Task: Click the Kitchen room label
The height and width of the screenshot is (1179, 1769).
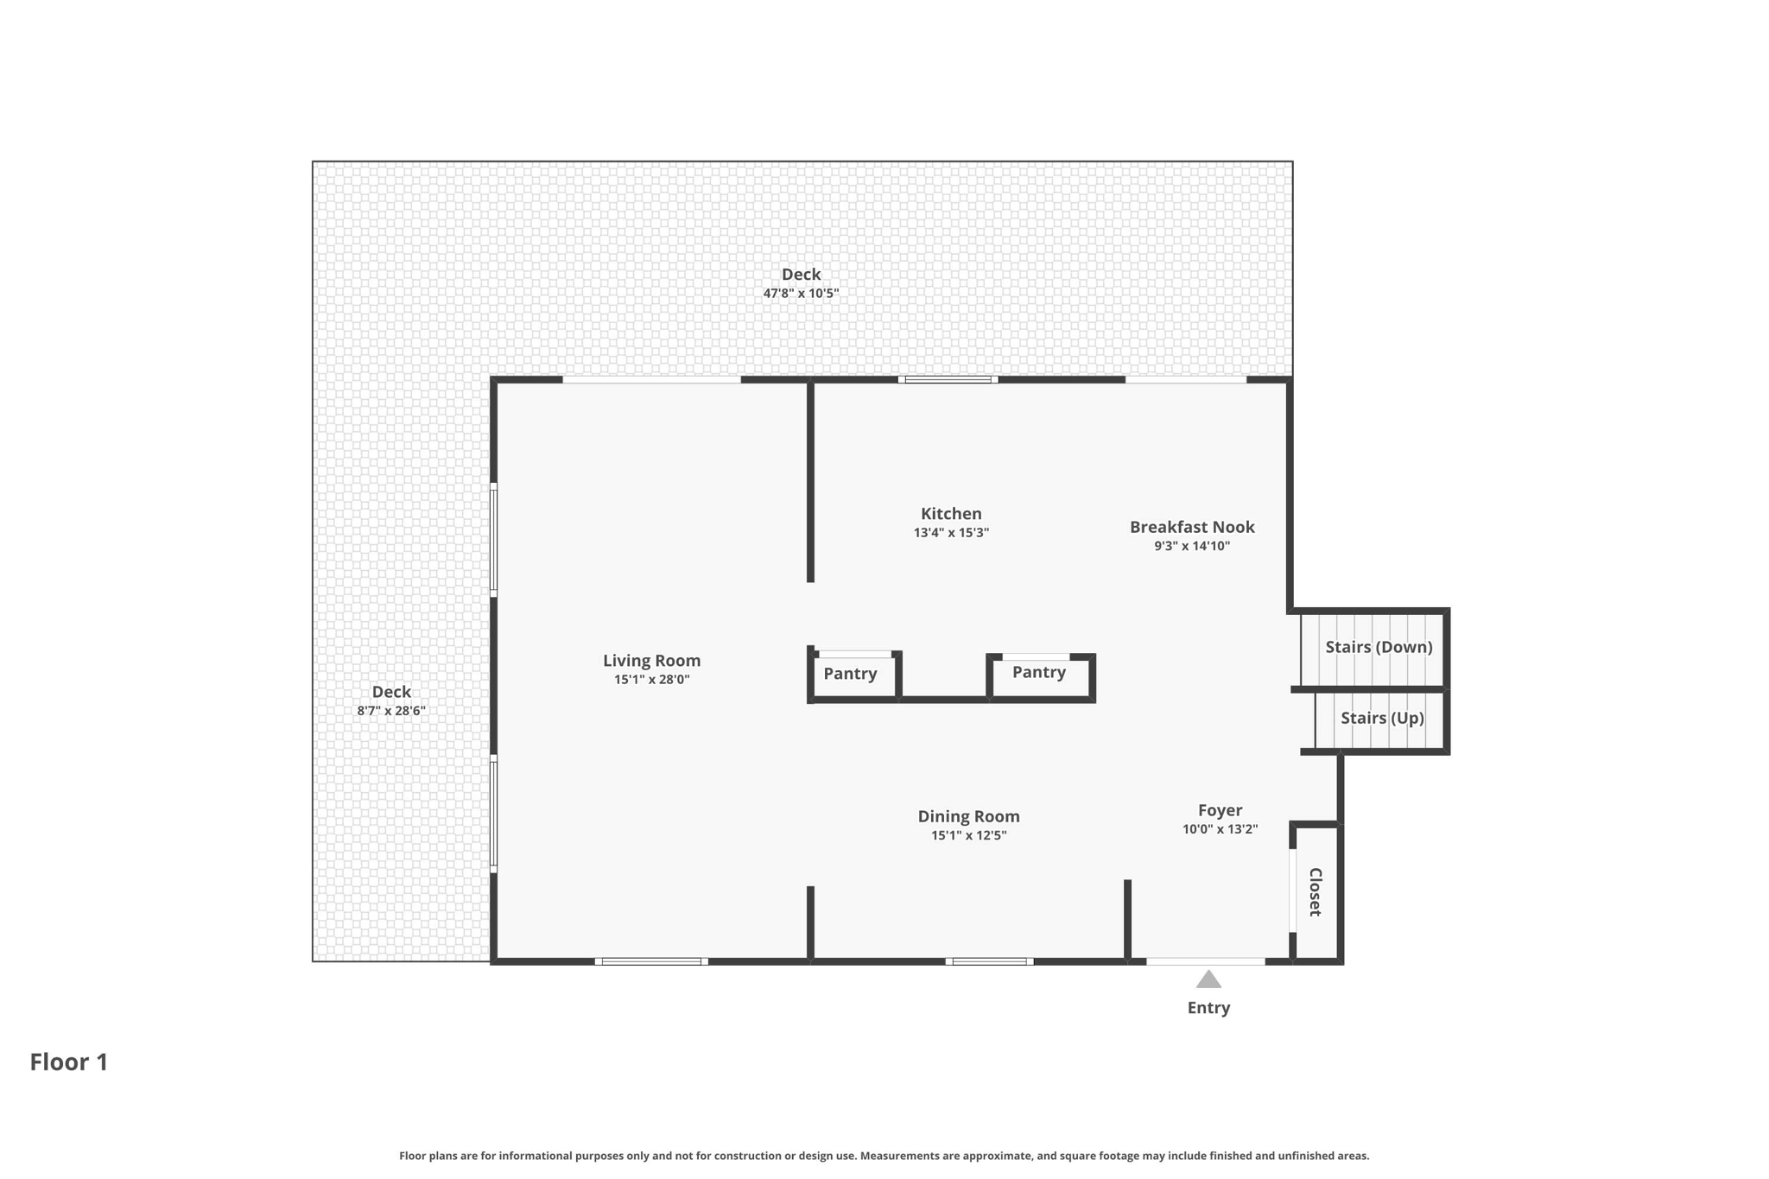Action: tap(950, 514)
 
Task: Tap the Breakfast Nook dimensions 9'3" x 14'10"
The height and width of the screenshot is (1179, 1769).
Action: tap(1191, 546)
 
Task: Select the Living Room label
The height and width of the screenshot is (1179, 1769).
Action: tap(651, 661)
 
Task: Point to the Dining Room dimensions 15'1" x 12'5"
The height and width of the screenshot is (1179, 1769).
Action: tap(968, 835)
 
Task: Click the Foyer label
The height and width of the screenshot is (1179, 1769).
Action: tap(1220, 810)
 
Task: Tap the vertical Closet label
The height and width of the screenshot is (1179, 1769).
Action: tap(1315, 892)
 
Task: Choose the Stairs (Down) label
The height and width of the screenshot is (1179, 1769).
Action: tap(1378, 647)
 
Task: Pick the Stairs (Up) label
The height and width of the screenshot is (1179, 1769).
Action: tap(1381, 718)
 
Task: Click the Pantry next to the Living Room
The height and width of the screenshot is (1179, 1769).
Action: tap(850, 674)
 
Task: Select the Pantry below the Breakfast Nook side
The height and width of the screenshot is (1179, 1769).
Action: tap(1038, 672)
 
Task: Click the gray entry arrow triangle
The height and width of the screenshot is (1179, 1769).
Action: tap(1208, 979)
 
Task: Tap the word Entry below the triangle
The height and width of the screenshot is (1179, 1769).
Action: tap(1208, 1008)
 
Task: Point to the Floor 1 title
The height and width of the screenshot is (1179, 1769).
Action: tap(69, 1062)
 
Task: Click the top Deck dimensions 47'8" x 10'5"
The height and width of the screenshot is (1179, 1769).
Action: tap(801, 294)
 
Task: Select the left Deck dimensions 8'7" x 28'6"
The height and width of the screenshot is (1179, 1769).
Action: tap(391, 711)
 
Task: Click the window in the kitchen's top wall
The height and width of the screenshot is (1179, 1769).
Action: tap(948, 379)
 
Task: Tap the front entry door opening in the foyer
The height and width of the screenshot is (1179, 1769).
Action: tap(1205, 960)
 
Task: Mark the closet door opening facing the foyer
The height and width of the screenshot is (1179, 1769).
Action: tap(1293, 891)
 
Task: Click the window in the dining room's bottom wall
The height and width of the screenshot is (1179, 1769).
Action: tap(989, 961)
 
